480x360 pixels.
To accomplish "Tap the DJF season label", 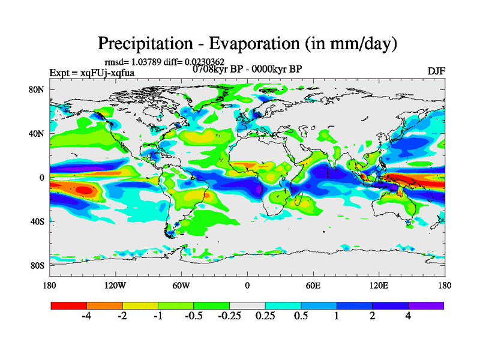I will pyautogui.click(x=436, y=71).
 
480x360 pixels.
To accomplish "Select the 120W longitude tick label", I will pyautogui.click(x=115, y=285).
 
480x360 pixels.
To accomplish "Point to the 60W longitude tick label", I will pyautogui.click(x=181, y=285).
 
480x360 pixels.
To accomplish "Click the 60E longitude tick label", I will pyautogui.click(x=313, y=285).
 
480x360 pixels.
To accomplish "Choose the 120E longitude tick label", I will pyautogui.click(x=379, y=285).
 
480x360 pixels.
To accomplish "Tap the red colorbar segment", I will pyautogui.click(x=69, y=305).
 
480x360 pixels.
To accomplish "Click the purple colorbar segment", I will pyautogui.click(x=426, y=305).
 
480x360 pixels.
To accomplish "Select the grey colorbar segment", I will pyautogui.click(x=247, y=305).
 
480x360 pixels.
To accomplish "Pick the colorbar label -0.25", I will pyautogui.click(x=229, y=316).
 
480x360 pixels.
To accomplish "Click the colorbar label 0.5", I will pyautogui.click(x=301, y=316).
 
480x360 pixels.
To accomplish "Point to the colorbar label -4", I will pyautogui.click(x=86, y=316).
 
